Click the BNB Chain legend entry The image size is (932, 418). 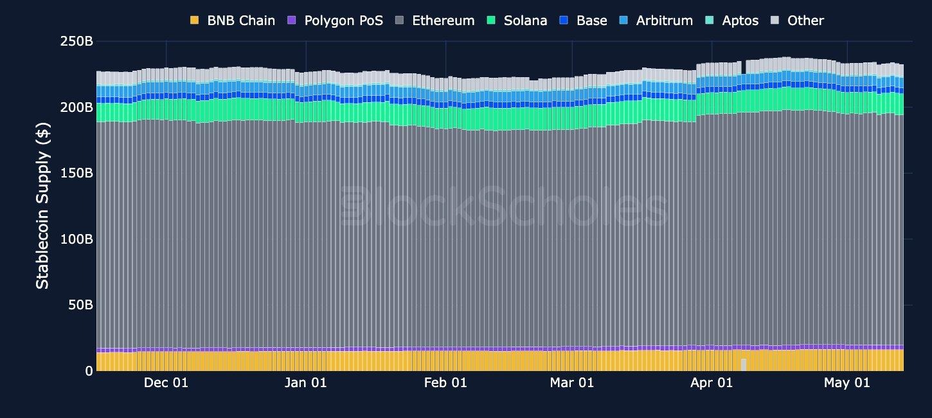pos(233,21)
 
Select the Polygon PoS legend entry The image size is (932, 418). pos(336,21)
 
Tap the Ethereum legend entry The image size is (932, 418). pos(435,21)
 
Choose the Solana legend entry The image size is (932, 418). pos(517,21)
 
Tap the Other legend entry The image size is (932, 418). pos(797,21)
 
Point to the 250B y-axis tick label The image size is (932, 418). pos(76,41)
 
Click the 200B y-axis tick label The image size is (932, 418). pos(76,107)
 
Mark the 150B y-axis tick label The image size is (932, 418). pos(76,173)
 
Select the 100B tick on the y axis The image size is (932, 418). pos(76,239)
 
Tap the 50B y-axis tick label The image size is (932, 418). pos(80,305)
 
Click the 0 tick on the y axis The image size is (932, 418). pos(89,371)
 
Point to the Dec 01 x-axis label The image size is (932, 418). pos(166,383)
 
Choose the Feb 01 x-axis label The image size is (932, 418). pos(445,383)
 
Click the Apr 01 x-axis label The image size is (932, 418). pos(712,383)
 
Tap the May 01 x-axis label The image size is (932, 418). pos(847,383)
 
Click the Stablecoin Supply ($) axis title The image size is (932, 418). pos(42,206)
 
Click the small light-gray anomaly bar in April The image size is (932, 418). pos(744,365)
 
